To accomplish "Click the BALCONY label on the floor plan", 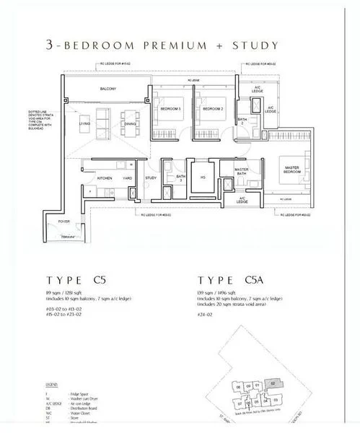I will [108, 89].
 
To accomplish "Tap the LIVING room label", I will [84, 123].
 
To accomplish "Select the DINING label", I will [130, 123].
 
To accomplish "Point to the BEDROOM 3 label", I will [170, 109].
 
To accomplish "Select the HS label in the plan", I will [203, 178].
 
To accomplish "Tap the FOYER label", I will [64, 222].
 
